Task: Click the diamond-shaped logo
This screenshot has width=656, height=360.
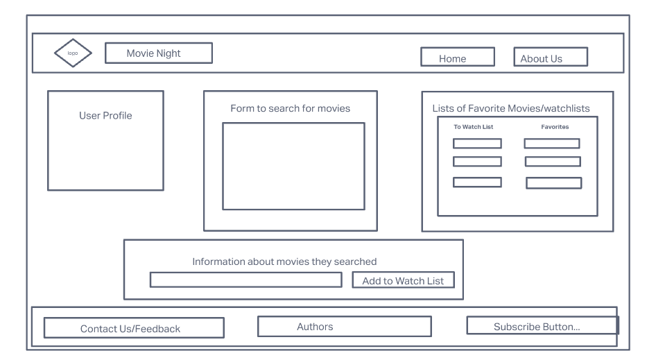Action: point(72,53)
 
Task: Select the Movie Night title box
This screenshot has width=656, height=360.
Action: point(158,53)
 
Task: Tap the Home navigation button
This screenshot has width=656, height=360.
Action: point(457,58)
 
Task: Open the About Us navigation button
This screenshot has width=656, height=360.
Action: point(550,58)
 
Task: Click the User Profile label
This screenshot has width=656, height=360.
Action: point(105,116)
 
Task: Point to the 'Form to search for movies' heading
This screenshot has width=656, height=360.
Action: point(290,109)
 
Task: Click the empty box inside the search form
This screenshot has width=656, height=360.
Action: point(293,166)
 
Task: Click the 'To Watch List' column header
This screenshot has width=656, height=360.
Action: point(473,127)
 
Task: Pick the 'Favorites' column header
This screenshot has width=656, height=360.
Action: point(555,127)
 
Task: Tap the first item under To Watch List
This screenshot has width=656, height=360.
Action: point(477,144)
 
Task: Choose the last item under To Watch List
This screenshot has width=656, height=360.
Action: point(477,182)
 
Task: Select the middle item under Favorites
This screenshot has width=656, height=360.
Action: point(553,162)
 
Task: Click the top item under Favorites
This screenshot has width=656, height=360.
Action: point(552,144)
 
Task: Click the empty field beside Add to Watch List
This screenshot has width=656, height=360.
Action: point(246,280)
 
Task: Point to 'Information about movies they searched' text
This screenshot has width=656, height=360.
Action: point(284,262)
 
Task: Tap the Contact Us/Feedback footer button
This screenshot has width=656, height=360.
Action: point(134,328)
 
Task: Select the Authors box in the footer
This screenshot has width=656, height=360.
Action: point(344,327)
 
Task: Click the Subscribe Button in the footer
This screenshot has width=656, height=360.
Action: point(542,326)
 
